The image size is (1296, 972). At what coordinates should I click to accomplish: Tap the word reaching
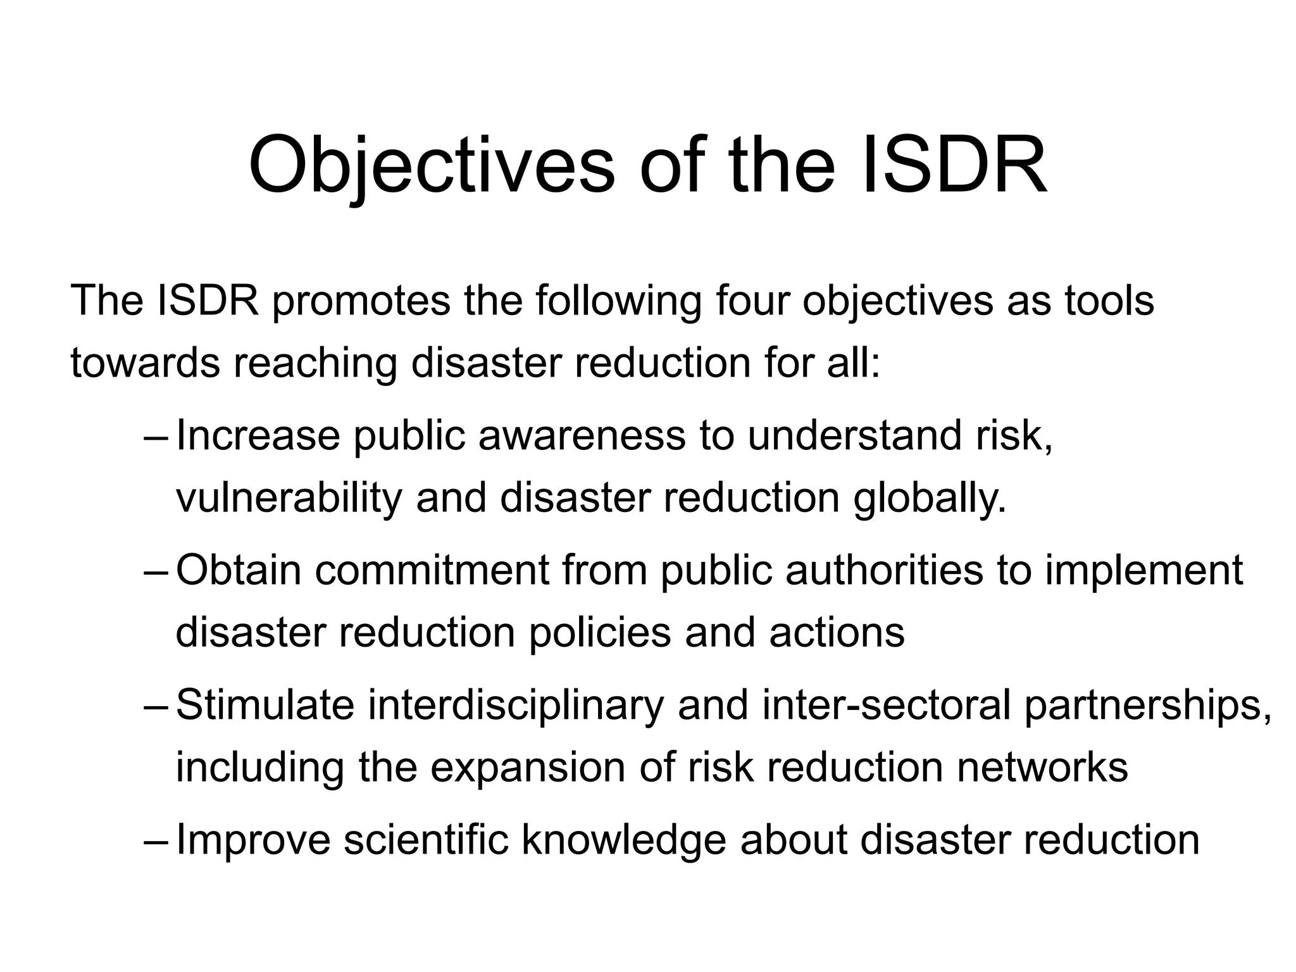[315, 363]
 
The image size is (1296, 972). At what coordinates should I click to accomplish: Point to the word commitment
[432, 570]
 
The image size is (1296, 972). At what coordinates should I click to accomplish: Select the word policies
[599, 633]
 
